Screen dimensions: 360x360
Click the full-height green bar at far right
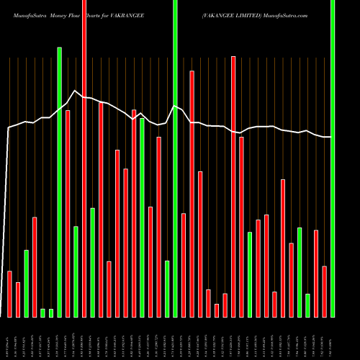[333, 158]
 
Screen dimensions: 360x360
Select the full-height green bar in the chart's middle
[175, 158]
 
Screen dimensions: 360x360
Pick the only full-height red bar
[84, 158]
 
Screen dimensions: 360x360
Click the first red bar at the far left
[9, 294]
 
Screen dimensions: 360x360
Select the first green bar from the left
[27, 283]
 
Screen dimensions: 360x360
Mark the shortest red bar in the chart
[217, 310]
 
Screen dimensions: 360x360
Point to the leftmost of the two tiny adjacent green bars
[43, 312]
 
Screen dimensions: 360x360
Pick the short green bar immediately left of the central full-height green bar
[167, 289]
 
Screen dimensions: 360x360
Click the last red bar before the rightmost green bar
[325, 292]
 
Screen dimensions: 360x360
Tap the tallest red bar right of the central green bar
[233, 186]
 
